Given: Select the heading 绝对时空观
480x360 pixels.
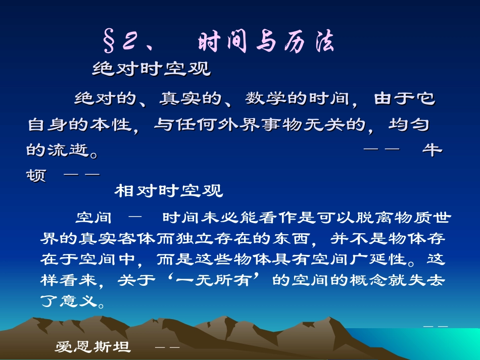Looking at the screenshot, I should [152, 69].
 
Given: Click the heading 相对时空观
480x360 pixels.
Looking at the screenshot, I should [169, 191].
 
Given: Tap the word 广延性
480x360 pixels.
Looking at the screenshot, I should [385, 260].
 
